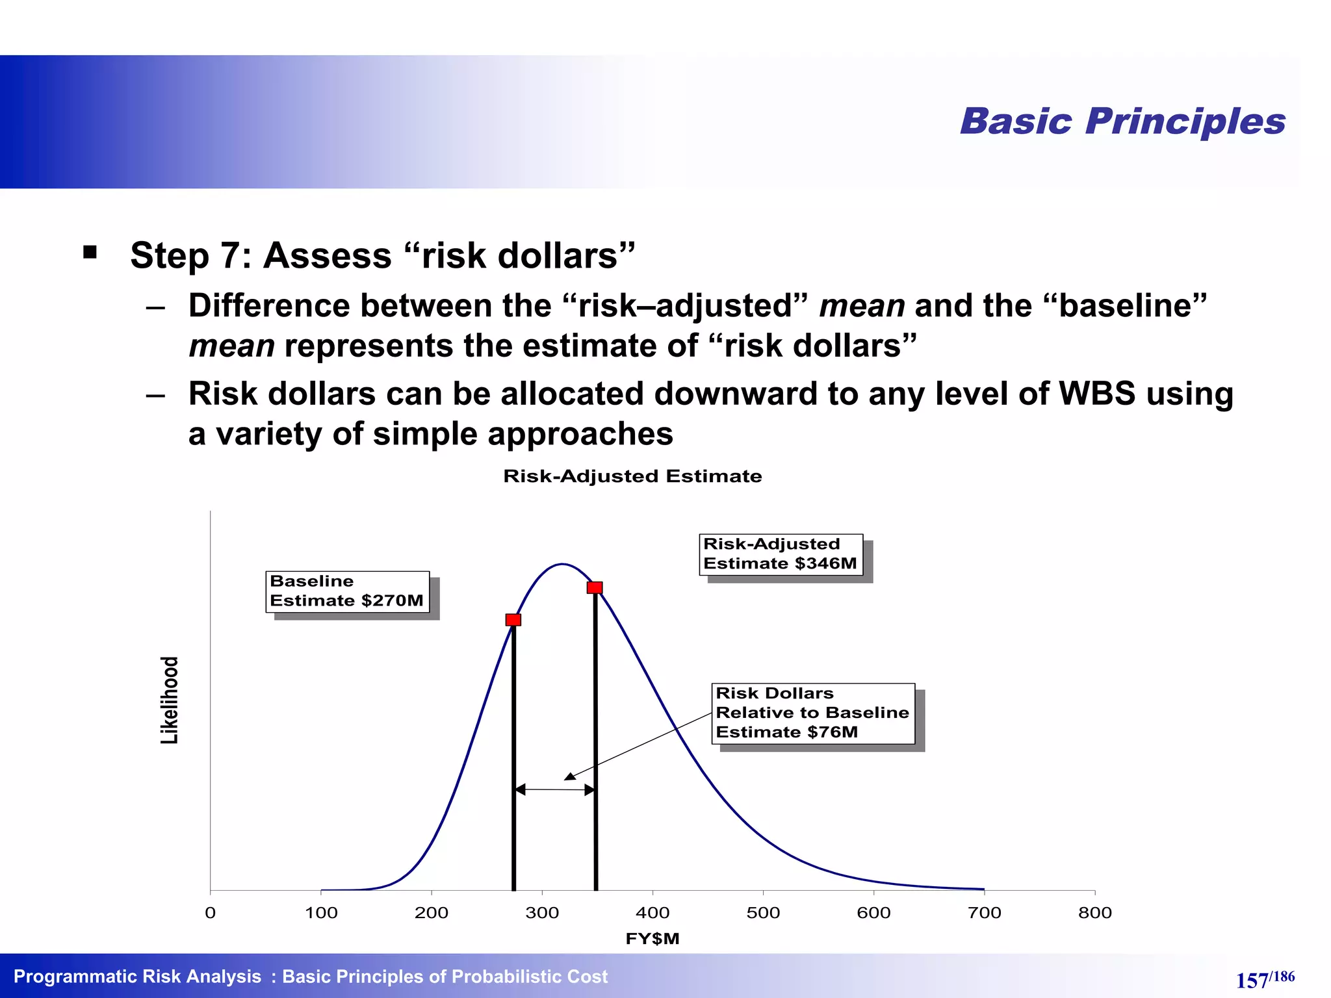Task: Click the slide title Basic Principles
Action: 1122,122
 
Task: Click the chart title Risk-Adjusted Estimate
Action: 632,476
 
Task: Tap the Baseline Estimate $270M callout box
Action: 347,591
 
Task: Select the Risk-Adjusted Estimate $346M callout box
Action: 781,554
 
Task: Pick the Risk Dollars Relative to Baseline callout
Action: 812,713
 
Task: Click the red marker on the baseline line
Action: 513,620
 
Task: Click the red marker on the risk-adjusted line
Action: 595,587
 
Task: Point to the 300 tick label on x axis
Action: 542,913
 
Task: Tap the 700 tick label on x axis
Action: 984,913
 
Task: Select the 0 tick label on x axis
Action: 210,913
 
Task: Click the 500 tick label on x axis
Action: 763,913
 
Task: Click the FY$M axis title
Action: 652,939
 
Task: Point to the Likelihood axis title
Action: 170,700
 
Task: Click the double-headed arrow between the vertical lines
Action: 554,790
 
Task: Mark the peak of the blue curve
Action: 562,564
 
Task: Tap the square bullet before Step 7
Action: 90,252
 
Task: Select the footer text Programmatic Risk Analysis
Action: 137,977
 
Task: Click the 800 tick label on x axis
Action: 1094,913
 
